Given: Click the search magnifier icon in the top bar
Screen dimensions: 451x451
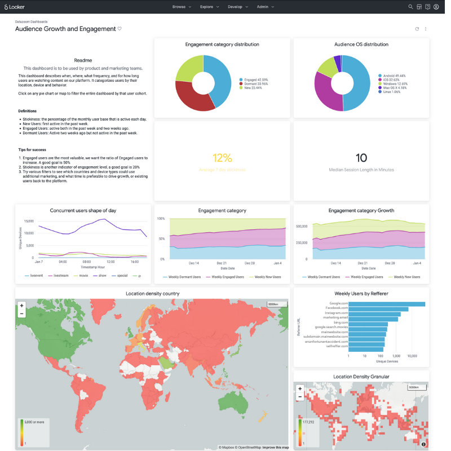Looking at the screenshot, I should pyautogui.click(x=410, y=7).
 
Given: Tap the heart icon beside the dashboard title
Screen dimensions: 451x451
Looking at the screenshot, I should pyautogui.click(x=120, y=29).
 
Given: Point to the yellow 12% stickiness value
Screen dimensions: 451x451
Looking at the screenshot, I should pyautogui.click(x=222, y=158).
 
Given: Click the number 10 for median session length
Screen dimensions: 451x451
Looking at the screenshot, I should pyautogui.click(x=361, y=158).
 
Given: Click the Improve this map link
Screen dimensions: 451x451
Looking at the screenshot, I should pyautogui.click(x=276, y=448).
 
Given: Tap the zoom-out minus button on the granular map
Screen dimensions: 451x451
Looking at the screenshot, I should pyautogui.click(x=300, y=396).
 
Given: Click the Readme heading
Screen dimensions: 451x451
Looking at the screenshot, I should pyautogui.click(x=83, y=60).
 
